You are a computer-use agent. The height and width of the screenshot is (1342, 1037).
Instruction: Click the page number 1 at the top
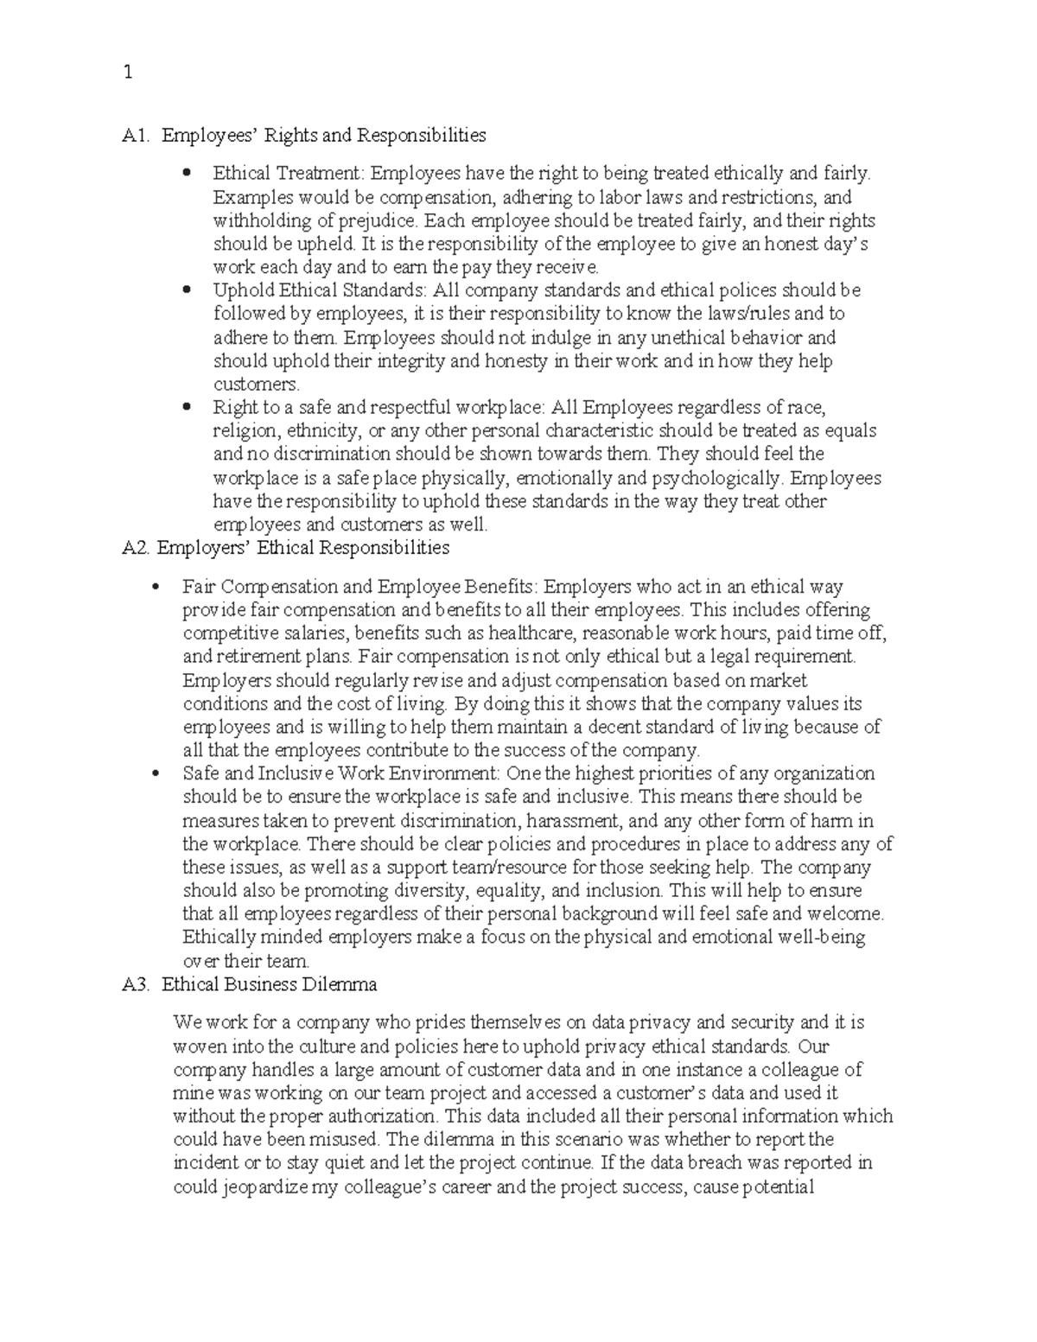point(128,73)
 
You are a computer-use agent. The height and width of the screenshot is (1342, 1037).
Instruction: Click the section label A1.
point(137,136)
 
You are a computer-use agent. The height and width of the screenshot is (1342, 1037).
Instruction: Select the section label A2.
point(137,548)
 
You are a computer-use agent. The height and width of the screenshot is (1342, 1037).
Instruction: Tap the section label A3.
point(137,984)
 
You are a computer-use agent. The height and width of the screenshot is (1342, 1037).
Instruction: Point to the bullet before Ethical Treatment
point(186,174)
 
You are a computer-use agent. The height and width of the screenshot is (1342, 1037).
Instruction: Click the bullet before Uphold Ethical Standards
point(186,290)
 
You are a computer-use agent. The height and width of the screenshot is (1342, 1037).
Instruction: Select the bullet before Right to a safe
point(186,407)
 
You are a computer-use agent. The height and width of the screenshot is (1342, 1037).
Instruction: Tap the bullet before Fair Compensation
point(156,588)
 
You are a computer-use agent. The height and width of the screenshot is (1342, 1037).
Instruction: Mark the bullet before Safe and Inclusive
point(156,774)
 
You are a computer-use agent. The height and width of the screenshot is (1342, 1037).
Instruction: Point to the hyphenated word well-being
point(825,938)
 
